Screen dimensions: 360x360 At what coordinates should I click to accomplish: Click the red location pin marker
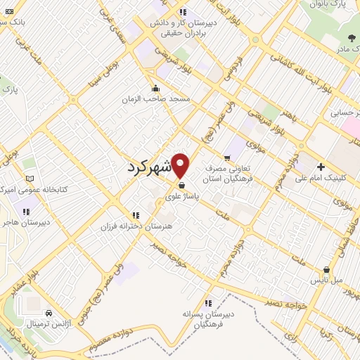pos(181,165)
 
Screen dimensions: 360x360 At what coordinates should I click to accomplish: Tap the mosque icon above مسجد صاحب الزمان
pos(156,89)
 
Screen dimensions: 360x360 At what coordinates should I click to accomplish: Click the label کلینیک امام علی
pos(331,178)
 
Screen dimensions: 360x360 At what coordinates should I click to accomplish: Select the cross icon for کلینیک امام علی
pos(321,167)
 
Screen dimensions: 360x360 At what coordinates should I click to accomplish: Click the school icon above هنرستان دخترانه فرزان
pos(134,214)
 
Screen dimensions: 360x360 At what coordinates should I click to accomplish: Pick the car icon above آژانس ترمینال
pos(48,312)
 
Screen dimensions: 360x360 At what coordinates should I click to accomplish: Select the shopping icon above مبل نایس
pos(327,269)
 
